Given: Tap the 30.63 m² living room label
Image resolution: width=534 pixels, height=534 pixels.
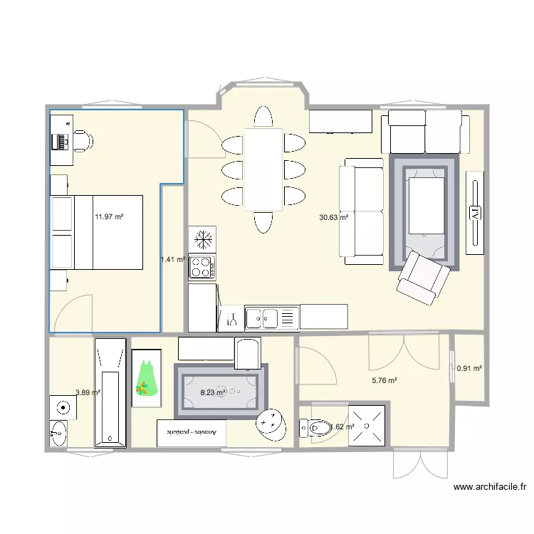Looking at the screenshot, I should tap(333, 218).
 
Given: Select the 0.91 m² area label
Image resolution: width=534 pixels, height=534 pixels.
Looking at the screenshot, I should tap(469, 369).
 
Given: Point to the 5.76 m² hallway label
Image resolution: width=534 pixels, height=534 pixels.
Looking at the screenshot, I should tap(384, 381).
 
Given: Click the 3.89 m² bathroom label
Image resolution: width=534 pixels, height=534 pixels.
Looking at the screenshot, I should tap(88, 392).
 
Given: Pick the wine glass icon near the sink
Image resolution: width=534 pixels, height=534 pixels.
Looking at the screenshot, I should tap(231, 319).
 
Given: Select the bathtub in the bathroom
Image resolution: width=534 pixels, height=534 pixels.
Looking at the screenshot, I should tap(110, 393).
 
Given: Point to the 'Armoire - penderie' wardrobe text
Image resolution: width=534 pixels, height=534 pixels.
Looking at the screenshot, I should tap(192, 432).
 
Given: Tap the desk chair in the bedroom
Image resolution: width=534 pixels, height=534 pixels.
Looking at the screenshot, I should tap(83, 141).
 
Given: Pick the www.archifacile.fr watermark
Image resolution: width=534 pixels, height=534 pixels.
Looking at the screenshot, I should tap(489, 488).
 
